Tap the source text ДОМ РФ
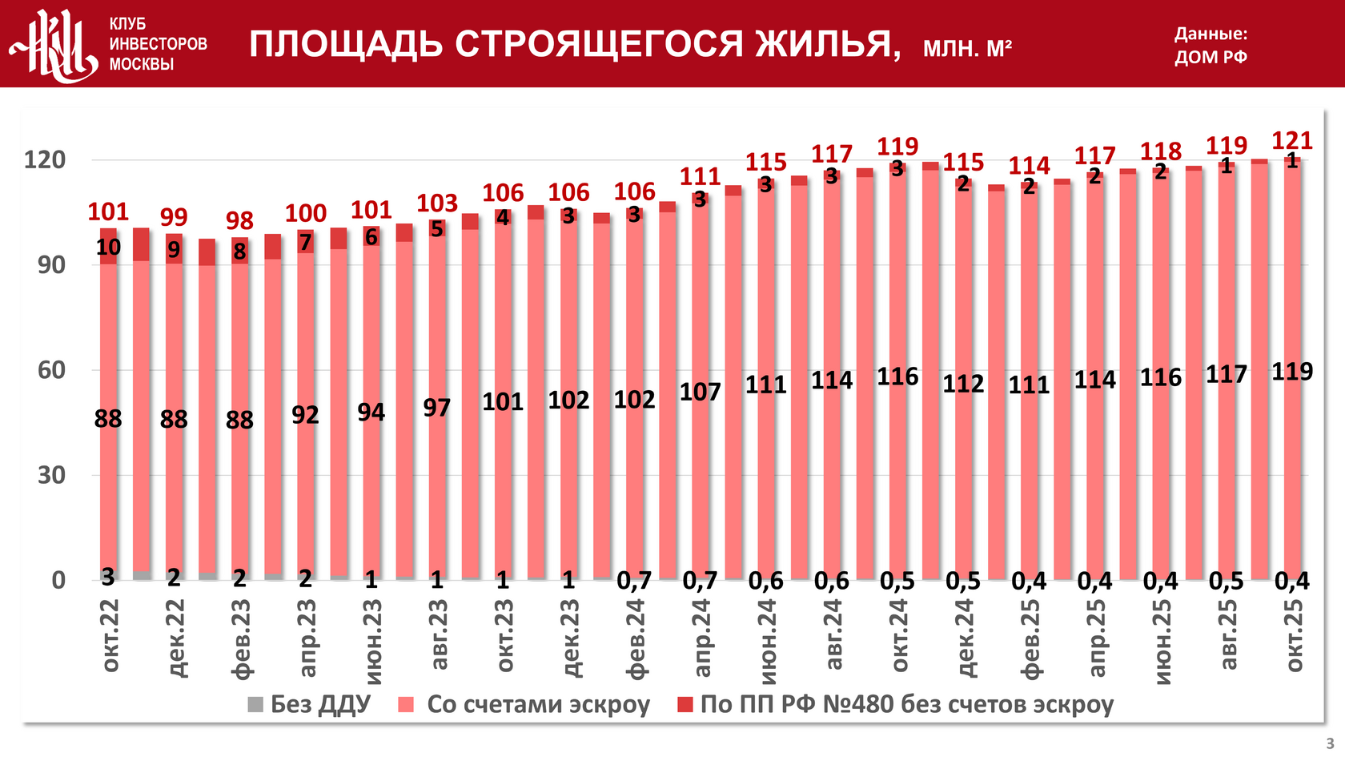1210,57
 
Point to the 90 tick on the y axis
51,265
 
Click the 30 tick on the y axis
51,475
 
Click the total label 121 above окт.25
1291,141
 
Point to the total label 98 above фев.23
239,220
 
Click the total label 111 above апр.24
700,176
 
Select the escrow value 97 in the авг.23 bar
437,408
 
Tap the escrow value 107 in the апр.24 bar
700,392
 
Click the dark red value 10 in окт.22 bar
108,248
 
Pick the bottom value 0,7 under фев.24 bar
634,581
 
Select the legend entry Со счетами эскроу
524,704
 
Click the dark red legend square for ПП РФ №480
685,705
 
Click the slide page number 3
1331,744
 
